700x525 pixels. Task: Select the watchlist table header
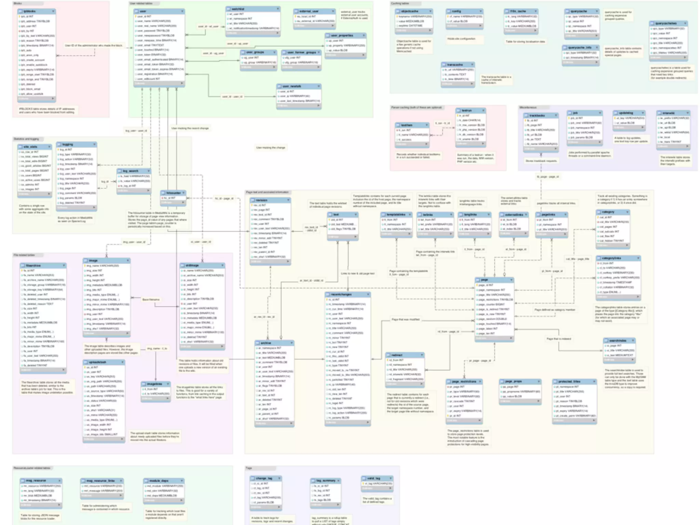click(253, 9)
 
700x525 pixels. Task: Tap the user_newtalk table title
click(299, 86)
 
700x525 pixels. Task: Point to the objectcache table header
click(414, 11)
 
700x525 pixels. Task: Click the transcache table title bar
click(458, 65)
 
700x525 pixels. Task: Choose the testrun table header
click(471, 111)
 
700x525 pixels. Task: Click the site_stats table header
click(35, 147)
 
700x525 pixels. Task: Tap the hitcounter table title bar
click(173, 193)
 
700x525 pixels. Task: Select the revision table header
click(270, 200)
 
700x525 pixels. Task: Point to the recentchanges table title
click(348, 294)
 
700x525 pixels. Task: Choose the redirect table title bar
click(405, 355)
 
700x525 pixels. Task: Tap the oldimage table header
click(202, 265)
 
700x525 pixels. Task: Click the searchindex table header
click(619, 340)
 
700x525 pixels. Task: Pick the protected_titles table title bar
click(574, 381)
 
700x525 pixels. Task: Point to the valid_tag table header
click(377, 479)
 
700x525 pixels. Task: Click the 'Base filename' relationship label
click(151, 299)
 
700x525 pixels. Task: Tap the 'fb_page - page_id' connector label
click(548, 177)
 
